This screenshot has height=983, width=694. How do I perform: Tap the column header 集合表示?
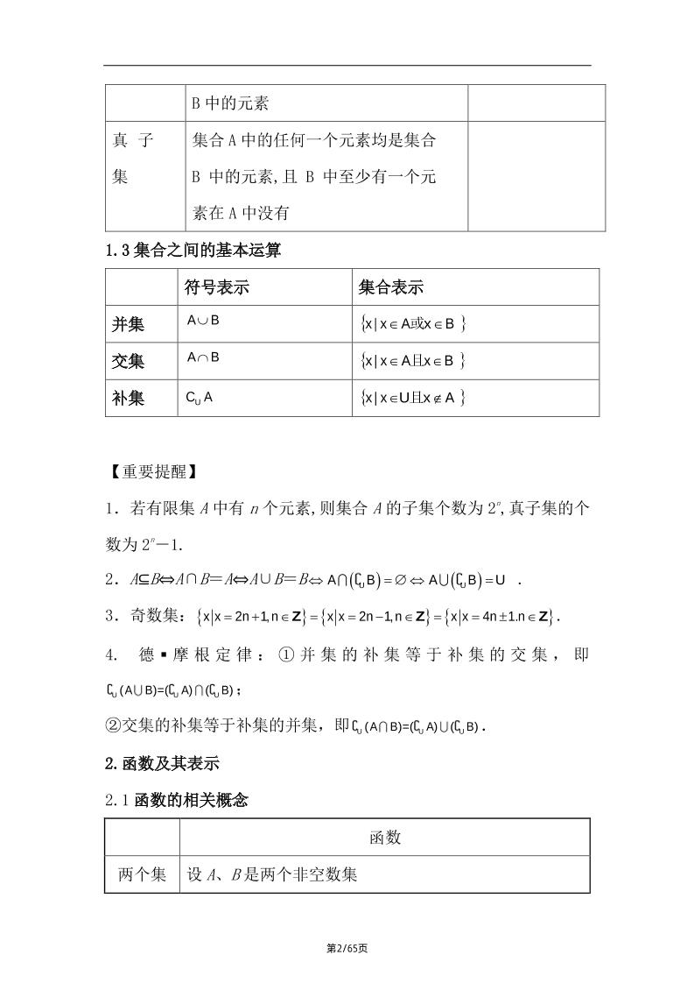pyautogui.click(x=391, y=287)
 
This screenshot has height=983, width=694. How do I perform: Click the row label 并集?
pyautogui.click(x=129, y=324)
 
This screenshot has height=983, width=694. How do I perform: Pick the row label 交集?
pyautogui.click(x=129, y=361)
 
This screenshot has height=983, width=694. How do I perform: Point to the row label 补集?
pyautogui.click(x=129, y=398)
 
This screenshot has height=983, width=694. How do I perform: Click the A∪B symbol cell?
pyautogui.click(x=203, y=321)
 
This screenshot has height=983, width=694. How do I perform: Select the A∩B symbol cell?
pyautogui.click(x=203, y=357)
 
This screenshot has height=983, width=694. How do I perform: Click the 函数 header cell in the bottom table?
pyautogui.click(x=385, y=838)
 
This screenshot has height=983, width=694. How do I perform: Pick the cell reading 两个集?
pyautogui.click(x=142, y=874)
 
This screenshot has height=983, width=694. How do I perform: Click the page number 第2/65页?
pyautogui.click(x=347, y=948)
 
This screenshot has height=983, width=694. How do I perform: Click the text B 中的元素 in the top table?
pyautogui.click(x=229, y=103)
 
